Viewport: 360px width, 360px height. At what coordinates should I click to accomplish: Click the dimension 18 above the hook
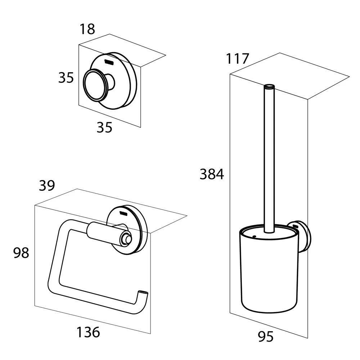pos(87,29)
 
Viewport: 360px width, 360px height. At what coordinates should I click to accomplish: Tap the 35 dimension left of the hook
pos(66,77)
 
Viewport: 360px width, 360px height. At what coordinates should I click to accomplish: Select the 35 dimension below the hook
pos(104,127)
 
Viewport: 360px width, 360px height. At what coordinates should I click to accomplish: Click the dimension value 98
pos(21,253)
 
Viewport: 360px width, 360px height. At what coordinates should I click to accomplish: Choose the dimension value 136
pos(88,332)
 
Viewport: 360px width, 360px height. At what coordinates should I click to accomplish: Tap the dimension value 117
pos(237,58)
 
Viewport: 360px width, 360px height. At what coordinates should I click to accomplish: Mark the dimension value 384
pos(212,175)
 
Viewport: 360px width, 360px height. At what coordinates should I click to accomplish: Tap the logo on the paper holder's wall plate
pos(124,212)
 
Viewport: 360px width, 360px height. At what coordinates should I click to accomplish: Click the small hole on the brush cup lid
pos(254,237)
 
